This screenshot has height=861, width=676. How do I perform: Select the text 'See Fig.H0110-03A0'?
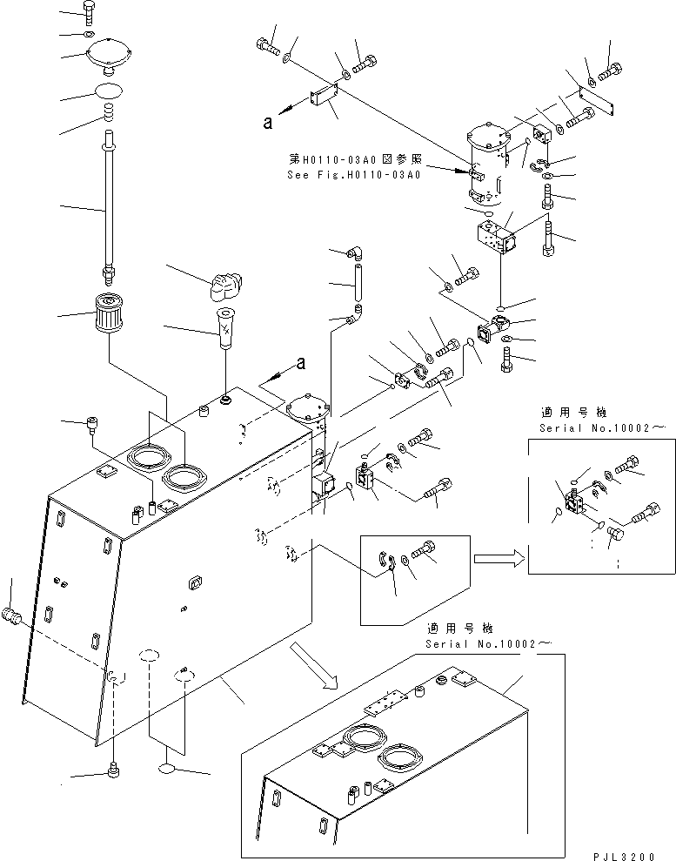tap(353, 174)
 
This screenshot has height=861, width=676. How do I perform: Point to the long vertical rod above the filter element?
tap(108, 205)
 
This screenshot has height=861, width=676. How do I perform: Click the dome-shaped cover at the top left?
tap(108, 58)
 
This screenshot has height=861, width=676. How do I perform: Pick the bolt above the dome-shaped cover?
tap(89, 11)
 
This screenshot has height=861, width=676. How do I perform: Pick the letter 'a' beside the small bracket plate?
tap(268, 122)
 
